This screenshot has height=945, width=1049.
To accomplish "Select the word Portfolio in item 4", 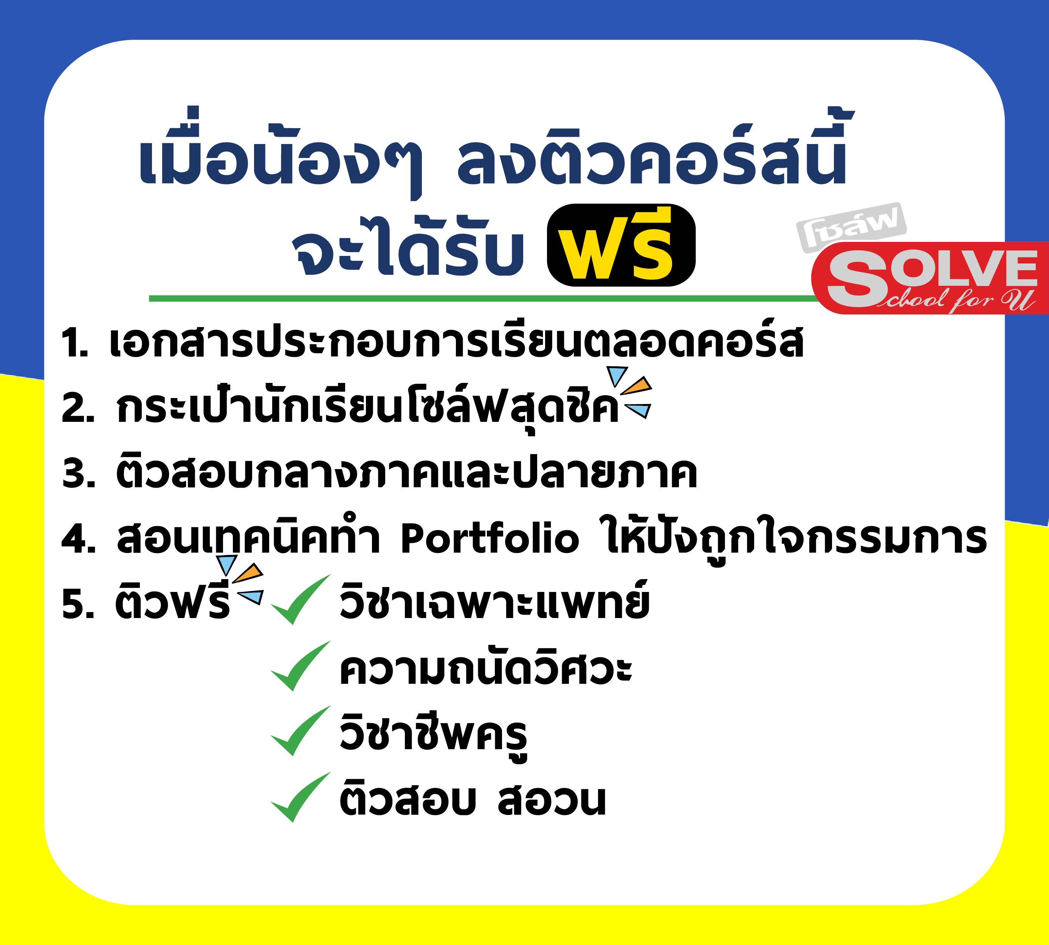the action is [x=490, y=538].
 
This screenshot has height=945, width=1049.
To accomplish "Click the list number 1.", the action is [x=74, y=343].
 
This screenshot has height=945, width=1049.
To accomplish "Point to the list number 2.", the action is [x=78, y=407].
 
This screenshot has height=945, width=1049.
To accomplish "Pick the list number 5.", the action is [x=78, y=604].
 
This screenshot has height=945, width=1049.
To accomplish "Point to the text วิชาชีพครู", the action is [x=433, y=735].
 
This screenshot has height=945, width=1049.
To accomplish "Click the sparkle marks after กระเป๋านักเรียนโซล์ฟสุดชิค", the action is [x=630, y=392].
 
